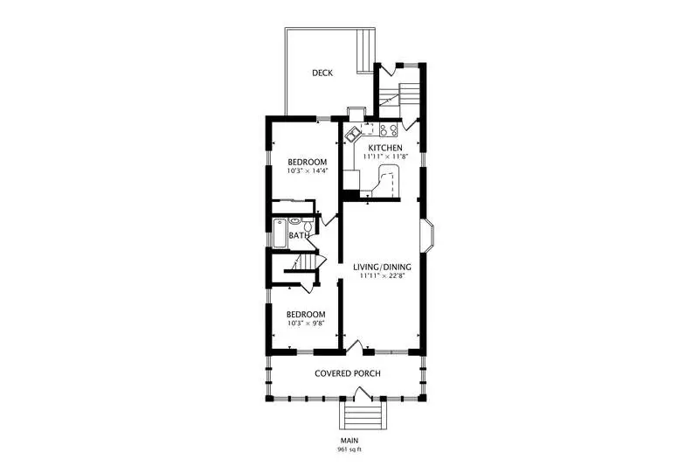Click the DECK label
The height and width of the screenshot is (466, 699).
(322, 73)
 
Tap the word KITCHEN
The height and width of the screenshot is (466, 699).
(385, 148)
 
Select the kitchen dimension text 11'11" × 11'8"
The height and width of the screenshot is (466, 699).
(385, 156)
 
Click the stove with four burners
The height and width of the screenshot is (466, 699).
(388, 130)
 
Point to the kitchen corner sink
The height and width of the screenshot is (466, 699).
(354, 133)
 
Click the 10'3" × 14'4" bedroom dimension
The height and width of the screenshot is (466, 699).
(308, 170)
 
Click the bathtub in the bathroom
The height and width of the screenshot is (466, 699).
(280, 233)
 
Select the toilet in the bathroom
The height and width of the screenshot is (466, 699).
(308, 225)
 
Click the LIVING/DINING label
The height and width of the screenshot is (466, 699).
(382, 268)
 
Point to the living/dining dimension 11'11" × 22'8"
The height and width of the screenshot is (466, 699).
(382, 276)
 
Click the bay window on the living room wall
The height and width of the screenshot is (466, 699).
(427, 236)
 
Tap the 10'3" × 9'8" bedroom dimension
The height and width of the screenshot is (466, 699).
(305, 323)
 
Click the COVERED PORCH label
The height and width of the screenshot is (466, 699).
(348, 373)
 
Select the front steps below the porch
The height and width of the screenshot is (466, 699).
(363, 415)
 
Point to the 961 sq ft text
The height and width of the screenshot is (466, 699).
(349, 449)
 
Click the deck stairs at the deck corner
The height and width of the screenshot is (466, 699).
(365, 51)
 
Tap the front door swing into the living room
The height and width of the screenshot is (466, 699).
(355, 347)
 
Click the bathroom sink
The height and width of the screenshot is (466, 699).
(294, 221)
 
